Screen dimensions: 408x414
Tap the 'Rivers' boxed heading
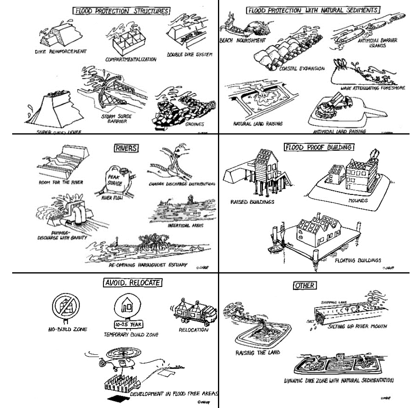[125, 149]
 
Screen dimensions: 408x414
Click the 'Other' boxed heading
[305, 286]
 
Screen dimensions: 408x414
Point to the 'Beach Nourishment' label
[242, 41]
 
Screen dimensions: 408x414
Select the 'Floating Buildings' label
[358, 260]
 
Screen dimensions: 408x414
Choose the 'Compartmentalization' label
[131, 60]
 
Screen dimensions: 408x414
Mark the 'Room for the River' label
[61, 182]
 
